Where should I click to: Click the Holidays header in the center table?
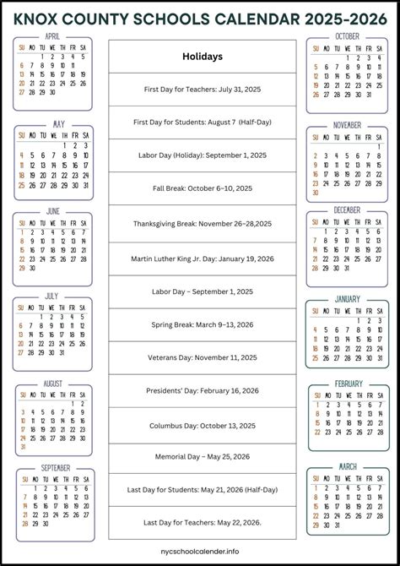203,57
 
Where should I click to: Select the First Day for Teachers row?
203,89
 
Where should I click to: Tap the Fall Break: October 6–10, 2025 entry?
203,188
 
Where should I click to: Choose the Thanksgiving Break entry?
203,224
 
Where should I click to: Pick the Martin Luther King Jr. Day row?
203,258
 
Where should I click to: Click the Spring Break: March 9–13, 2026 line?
203,324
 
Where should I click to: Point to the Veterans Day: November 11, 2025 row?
203,357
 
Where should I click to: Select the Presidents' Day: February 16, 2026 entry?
203,391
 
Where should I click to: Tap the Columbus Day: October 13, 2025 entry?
203,424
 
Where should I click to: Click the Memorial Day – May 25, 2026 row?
203,457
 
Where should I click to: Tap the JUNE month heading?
53,210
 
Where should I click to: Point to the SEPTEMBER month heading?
55,467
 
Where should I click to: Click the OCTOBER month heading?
347,36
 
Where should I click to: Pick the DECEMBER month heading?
347,210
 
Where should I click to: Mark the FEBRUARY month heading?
348,384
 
